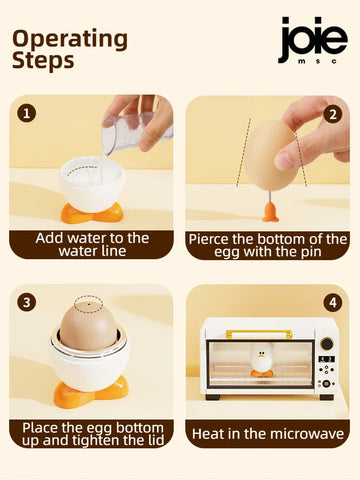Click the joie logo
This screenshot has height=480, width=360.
click(x=313, y=40)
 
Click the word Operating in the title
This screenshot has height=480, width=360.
click(x=70, y=39)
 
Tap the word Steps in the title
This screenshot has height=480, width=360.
click(x=43, y=60)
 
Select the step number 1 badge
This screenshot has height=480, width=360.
click(x=27, y=113)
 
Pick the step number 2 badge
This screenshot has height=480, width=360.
click(x=333, y=114)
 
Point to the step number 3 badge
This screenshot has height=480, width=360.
click(x=27, y=302)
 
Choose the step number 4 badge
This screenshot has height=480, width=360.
click(x=333, y=303)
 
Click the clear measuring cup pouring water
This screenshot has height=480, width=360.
click(x=137, y=133)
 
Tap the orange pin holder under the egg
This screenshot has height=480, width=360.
click(x=270, y=212)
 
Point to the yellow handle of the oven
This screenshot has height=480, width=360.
click(x=259, y=334)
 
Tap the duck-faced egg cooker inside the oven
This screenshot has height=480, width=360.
click(x=262, y=363)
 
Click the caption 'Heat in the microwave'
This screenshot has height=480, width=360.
click(x=268, y=434)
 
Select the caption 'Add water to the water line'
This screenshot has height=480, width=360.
click(x=92, y=244)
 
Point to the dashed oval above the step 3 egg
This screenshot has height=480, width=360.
click(x=89, y=304)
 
